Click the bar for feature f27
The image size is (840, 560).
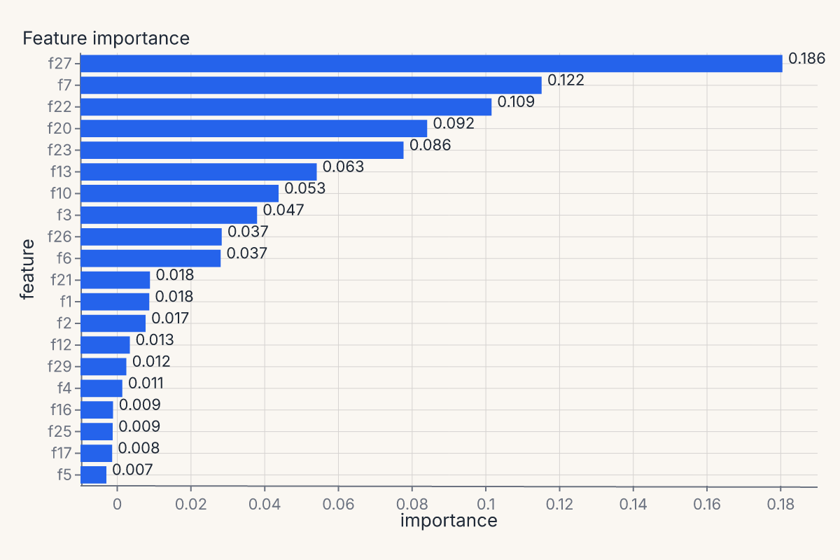(431, 64)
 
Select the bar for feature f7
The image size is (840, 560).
(311, 85)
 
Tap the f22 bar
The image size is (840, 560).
(286, 107)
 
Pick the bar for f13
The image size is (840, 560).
(198, 171)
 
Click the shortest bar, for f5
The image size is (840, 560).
(93, 475)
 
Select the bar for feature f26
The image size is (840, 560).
(151, 237)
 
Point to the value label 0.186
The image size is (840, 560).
(806, 59)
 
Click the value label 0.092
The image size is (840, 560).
(454, 123)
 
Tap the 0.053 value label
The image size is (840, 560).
(305, 188)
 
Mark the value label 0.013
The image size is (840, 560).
(155, 339)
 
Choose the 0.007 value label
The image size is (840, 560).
(132, 470)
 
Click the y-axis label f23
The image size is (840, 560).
(59, 150)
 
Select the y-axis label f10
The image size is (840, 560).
(61, 193)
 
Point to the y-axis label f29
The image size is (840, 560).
(59, 367)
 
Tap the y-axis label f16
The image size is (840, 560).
(61, 410)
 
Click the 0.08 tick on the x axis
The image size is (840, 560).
(412, 504)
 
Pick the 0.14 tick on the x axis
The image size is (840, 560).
(633, 504)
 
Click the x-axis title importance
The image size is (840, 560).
(449, 521)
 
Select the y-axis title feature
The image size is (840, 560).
(27, 269)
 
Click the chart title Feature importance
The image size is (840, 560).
(106, 38)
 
